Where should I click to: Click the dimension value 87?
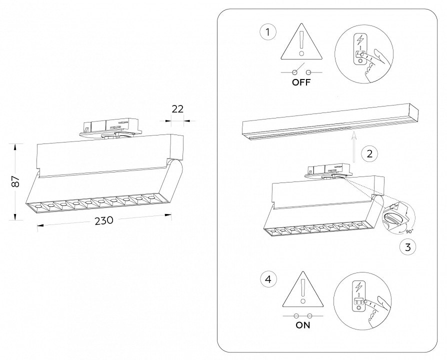click(16, 181)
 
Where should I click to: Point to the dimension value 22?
click(177, 108)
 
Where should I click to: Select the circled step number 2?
click(369, 153)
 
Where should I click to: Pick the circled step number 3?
click(408, 246)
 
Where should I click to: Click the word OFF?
click(301, 83)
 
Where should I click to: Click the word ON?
click(302, 325)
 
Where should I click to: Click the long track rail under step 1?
click(330, 123)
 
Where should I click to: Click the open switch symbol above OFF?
click(301, 70)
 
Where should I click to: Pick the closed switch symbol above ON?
click(302, 316)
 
